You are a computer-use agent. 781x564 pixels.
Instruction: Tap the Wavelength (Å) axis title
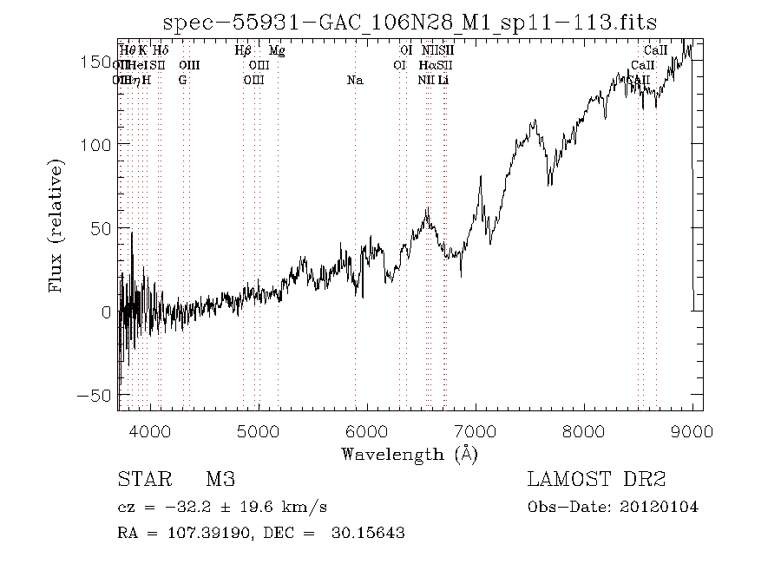(x=410, y=454)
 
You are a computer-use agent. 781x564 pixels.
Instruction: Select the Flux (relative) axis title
(x=58, y=226)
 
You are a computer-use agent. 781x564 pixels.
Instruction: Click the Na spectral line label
(x=354, y=81)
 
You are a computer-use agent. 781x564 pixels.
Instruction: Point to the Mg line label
(x=277, y=51)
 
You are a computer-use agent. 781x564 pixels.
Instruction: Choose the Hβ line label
(x=243, y=51)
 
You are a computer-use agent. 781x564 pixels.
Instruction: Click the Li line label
(x=443, y=81)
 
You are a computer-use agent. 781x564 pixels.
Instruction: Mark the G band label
(x=182, y=81)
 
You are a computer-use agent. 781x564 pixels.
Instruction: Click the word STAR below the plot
(x=139, y=480)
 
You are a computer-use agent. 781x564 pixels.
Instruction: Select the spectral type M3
(x=220, y=480)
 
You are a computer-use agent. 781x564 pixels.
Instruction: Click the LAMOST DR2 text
(x=595, y=480)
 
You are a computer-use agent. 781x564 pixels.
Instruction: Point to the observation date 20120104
(x=661, y=507)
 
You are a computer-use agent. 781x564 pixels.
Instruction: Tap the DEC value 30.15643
(x=367, y=533)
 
